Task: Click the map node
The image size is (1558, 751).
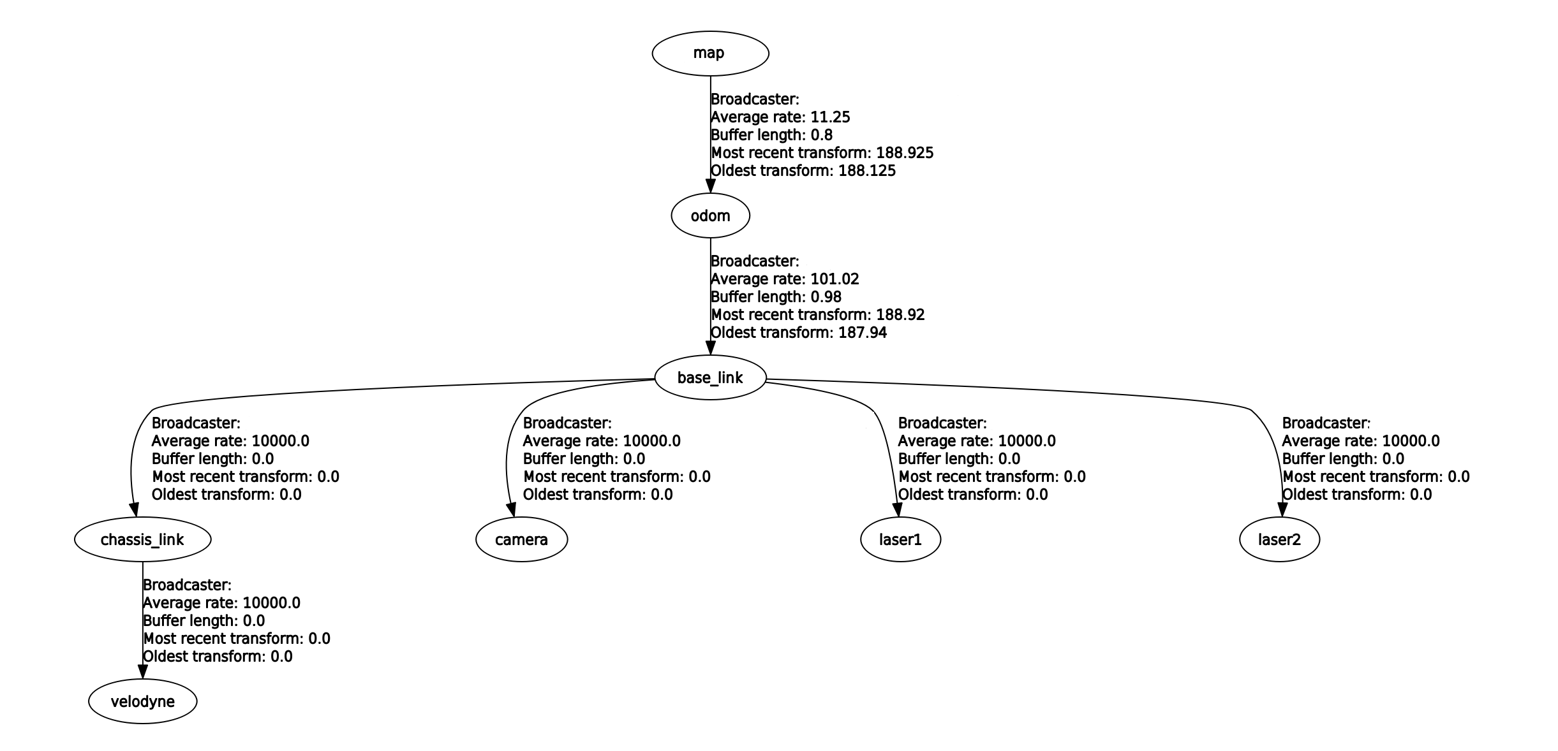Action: [710, 53]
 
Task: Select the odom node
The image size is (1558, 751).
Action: [710, 216]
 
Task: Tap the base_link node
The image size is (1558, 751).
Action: [710, 378]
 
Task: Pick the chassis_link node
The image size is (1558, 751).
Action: [142, 540]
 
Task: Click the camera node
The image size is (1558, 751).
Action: [521, 540]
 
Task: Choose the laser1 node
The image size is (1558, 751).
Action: [900, 540]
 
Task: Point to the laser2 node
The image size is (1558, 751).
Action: [1279, 540]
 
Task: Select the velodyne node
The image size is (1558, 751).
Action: [142, 702]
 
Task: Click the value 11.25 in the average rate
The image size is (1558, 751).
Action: [830, 117]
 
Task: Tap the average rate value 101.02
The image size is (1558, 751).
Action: [835, 279]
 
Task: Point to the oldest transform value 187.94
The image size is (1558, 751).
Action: [862, 333]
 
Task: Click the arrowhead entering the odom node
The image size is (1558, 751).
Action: [710, 186]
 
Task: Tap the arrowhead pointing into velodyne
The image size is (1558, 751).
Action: [142, 672]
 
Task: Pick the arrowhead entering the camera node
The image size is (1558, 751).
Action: [511, 509]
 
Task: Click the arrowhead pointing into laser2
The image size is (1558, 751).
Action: [1281, 509]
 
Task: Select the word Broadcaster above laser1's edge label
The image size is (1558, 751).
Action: [942, 423]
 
